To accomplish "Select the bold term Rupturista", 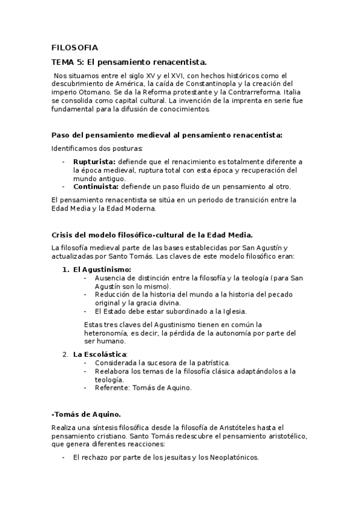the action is (x=94, y=162).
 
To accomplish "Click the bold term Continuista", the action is (x=97, y=186).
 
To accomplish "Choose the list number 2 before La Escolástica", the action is (x=66, y=354).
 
